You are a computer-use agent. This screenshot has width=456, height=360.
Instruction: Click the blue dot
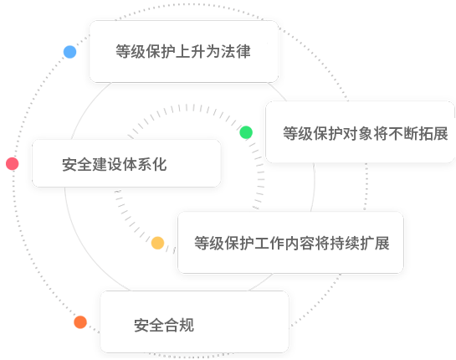[69, 52]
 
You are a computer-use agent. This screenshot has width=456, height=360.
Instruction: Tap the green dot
[246, 132]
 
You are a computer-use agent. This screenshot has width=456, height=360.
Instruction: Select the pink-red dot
[13, 163]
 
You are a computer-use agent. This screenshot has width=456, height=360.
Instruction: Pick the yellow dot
[157, 243]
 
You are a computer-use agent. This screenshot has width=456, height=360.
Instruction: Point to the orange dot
[80, 322]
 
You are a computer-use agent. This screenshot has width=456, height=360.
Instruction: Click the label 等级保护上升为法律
[183, 52]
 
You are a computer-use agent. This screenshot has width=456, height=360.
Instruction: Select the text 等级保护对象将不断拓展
[366, 134]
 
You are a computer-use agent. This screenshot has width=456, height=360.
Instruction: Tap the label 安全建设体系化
[115, 164]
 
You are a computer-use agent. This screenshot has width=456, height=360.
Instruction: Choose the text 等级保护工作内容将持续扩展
[292, 243]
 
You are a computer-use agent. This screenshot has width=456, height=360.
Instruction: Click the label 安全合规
[164, 325]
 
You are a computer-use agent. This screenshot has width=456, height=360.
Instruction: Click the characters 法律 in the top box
[236, 52]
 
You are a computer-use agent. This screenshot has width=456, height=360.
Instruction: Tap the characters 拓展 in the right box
[433, 134]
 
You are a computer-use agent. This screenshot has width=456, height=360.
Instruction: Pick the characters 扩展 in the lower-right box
[375, 243]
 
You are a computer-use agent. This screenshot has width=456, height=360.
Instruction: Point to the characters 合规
[179, 325]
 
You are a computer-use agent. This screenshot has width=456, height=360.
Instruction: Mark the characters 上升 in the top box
[191, 52]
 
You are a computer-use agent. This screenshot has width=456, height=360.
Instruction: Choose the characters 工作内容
[284, 243]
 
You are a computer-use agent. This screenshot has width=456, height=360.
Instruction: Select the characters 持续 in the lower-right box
[345, 243]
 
